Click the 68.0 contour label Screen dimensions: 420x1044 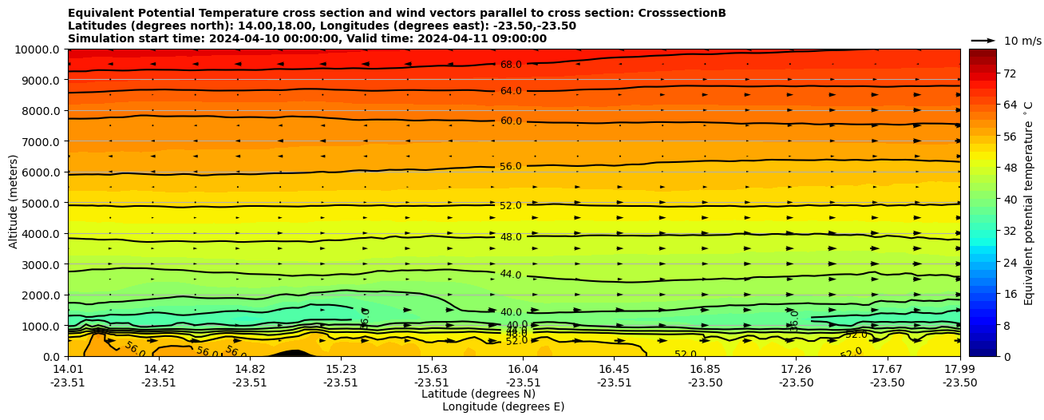[x=511, y=65]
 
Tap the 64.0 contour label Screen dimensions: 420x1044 [x=511, y=91]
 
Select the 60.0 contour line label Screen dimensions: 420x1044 [x=511, y=121]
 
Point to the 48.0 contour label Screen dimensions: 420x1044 [x=511, y=237]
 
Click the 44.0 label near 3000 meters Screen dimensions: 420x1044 [x=511, y=275]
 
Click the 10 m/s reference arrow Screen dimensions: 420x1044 [x=983, y=40]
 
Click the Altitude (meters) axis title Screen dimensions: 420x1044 [x=14, y=203]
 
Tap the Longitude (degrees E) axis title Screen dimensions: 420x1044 [x=503, y=407]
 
